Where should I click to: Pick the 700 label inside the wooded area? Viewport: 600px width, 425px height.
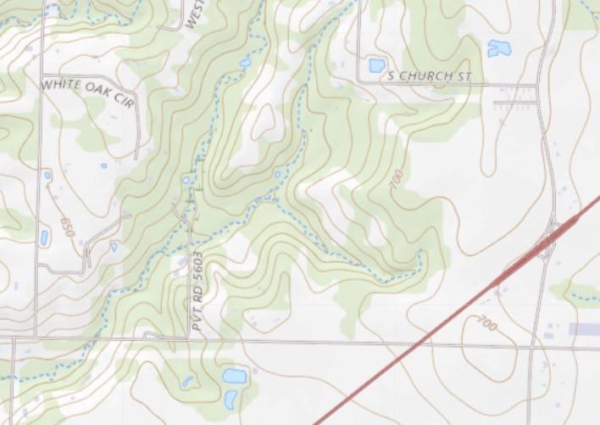point(395,181)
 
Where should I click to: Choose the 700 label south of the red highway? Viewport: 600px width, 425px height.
point(486,322)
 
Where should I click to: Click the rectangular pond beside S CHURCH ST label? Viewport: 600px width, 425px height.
point(377,65)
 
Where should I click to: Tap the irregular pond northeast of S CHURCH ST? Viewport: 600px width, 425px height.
point(499,48)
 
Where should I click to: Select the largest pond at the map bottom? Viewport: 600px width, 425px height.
point(234,375)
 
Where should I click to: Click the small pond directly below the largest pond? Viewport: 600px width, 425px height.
point(231,398)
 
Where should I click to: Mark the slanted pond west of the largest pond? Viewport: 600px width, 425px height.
point(187,382)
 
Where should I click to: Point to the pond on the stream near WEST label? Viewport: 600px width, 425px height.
point(246,63)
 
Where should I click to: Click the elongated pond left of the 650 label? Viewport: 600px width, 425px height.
point(44,238)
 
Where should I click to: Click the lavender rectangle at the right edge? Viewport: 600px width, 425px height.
point(584,328)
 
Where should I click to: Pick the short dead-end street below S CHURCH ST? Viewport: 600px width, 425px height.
point(515,103)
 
